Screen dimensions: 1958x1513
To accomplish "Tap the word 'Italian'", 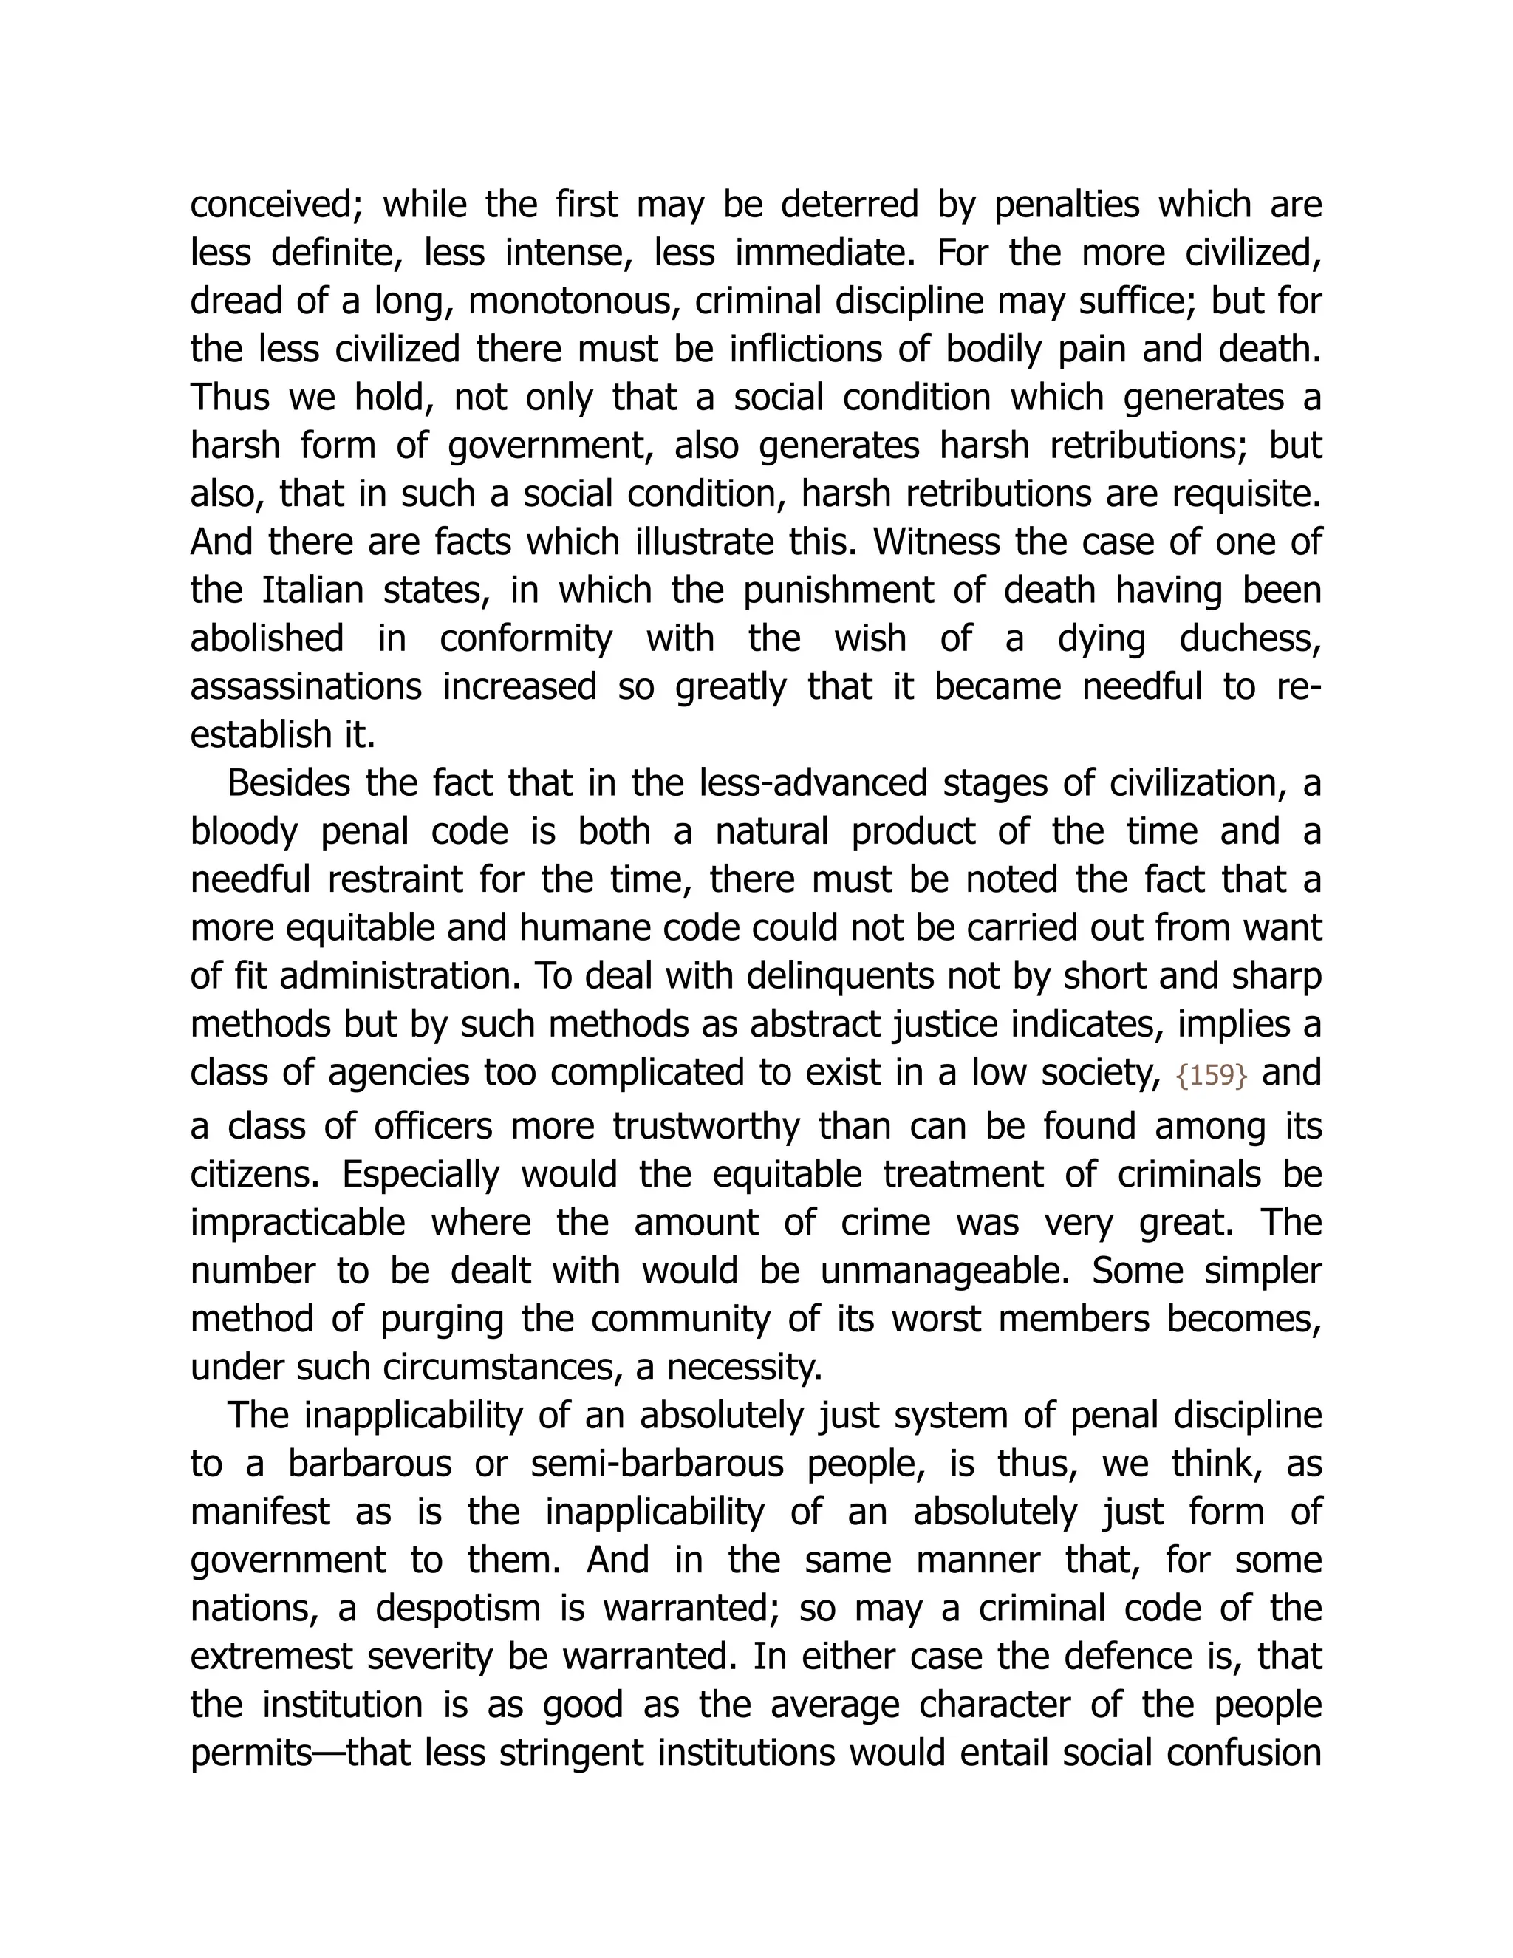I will tap(312, 591).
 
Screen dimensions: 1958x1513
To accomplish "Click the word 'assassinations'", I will tap(306, 686).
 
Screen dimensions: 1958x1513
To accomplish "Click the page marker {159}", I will tap(1211, 1076).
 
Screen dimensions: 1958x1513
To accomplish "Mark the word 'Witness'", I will tap(942, 542).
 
